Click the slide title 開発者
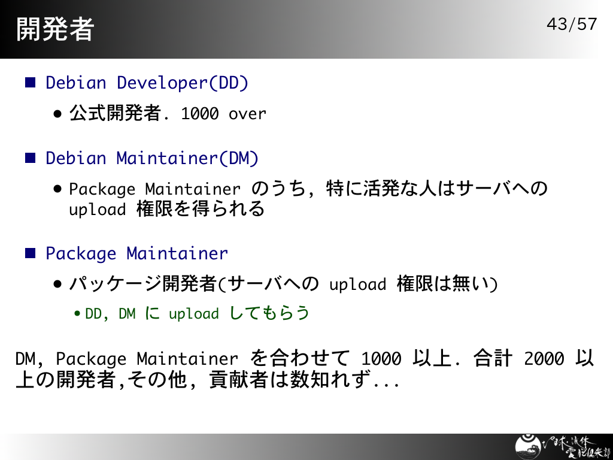(55, 29)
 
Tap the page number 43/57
(572, 24)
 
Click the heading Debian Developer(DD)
(147, 83)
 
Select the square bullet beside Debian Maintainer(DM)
(30, 158)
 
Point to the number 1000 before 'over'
(200, 114)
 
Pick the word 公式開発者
(115, 113)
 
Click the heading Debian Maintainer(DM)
(152, 158)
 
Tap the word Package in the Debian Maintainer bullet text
(102, 189)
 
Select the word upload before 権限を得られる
(98, 209)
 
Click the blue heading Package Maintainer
(137, 253)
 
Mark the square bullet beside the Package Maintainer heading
(30, 253)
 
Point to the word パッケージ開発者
(142, 283)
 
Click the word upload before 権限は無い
(358, 285)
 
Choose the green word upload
(193, 314)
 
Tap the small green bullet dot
(77, 314)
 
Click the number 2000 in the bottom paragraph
(544, 358)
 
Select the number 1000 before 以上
(381, 358)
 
